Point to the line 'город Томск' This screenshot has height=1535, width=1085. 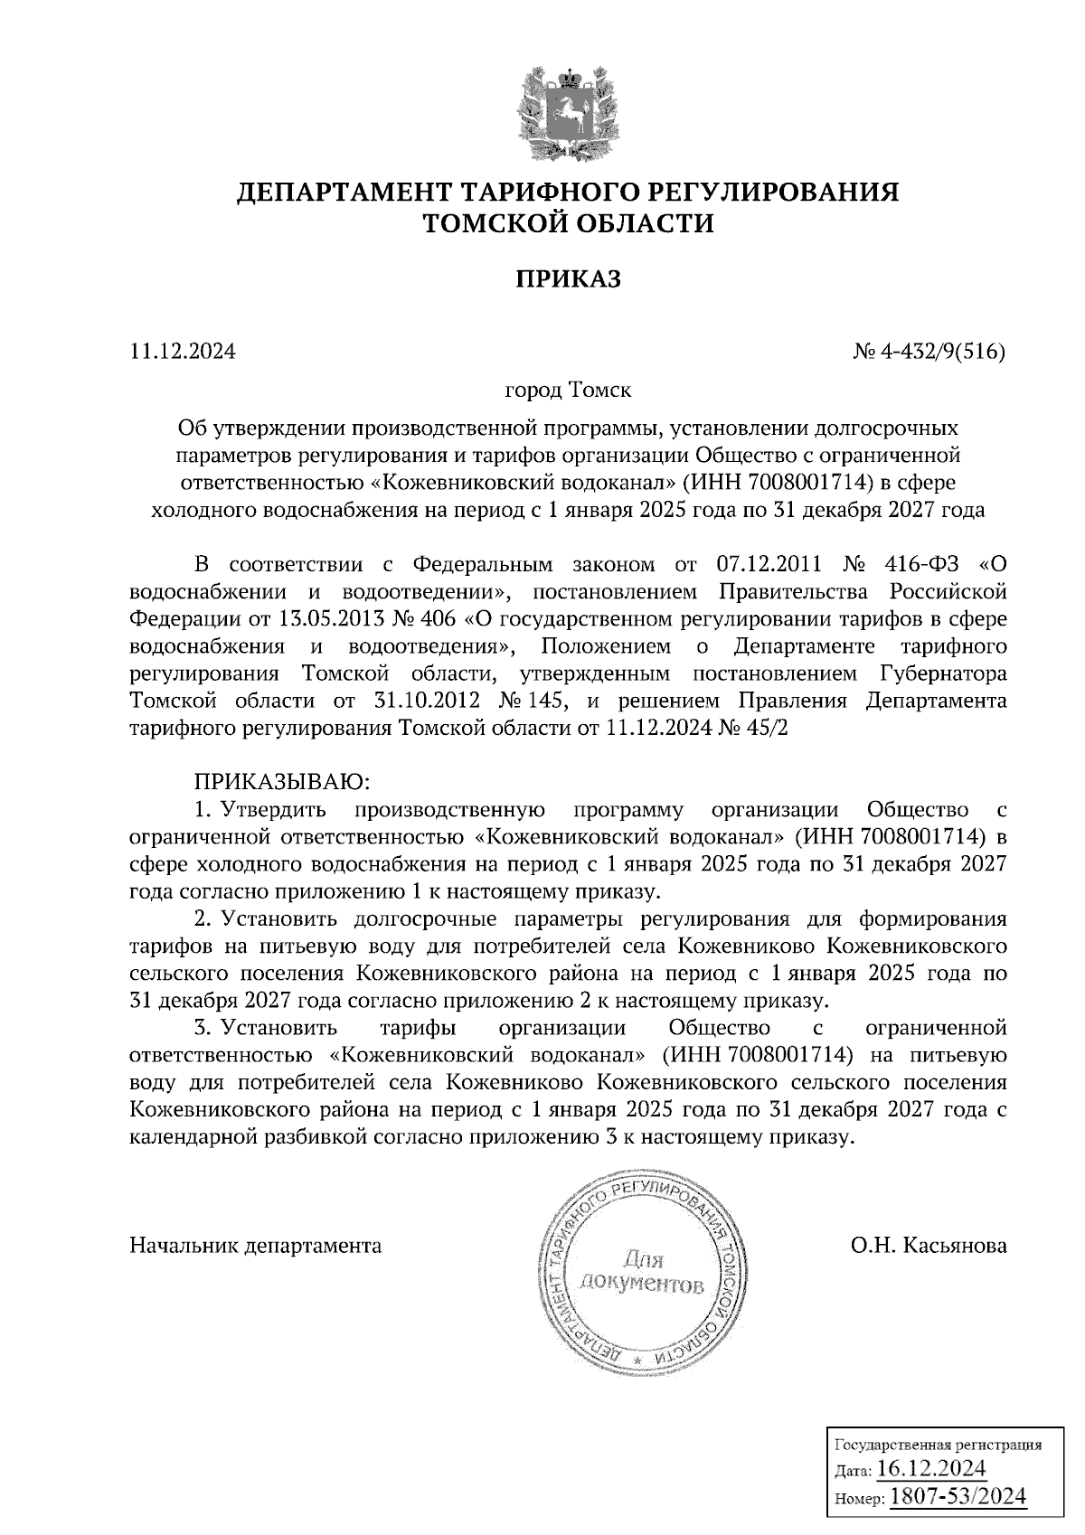tap(568, 391)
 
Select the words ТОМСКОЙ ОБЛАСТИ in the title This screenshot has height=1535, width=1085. tap(568, 223)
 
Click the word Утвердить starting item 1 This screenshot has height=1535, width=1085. tap(275, 809)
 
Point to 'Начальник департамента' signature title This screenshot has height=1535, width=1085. tap(256, 1246)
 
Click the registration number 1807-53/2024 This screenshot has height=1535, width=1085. tap(958, 1496)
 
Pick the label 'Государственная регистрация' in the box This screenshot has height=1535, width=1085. tap(936, 1445)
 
